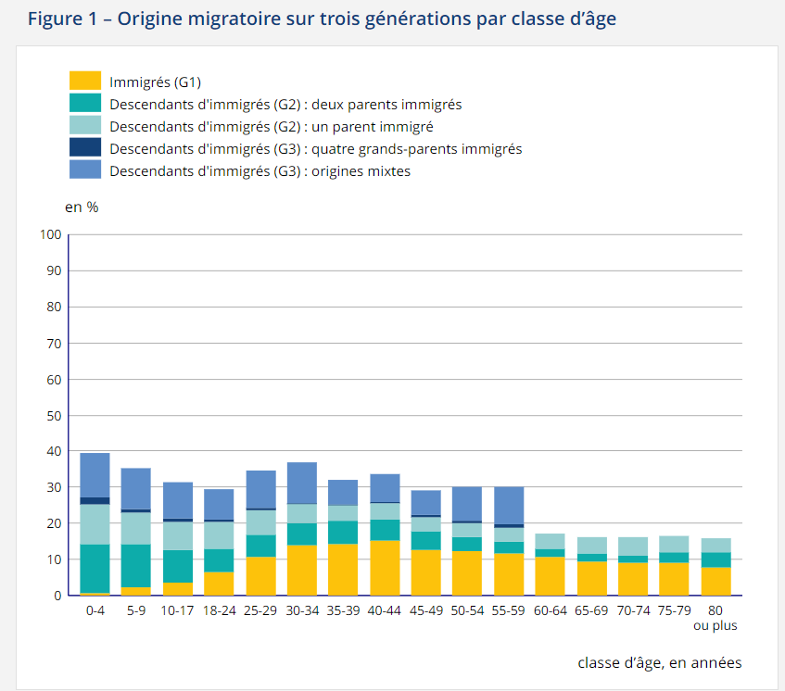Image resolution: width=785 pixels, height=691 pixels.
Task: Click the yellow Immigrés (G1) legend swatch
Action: (x=84, y=82)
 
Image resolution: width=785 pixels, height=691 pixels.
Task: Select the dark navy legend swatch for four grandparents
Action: (x=84, y=148)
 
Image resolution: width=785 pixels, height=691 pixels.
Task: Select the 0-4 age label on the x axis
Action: (x=95, y=612)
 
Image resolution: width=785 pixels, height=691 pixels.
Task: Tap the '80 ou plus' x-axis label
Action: (x=715, y=619)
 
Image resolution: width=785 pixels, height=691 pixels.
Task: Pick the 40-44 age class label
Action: (x=385, y=612)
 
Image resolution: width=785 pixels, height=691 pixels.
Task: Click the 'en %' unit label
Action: (x=82, y=207)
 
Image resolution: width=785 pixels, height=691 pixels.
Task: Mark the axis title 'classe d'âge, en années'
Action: (x=659, y=662)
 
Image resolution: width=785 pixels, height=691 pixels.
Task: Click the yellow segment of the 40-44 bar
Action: (x=385, y=568)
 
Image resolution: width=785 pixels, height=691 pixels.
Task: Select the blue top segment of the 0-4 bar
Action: (x=95, y=475)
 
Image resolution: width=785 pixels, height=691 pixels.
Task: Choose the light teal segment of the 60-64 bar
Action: (x=550, y=541)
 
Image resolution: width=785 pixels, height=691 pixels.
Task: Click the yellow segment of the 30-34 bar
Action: (x=302, y=571)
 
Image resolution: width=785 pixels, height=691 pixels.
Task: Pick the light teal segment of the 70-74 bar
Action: (x=632, y=547)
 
